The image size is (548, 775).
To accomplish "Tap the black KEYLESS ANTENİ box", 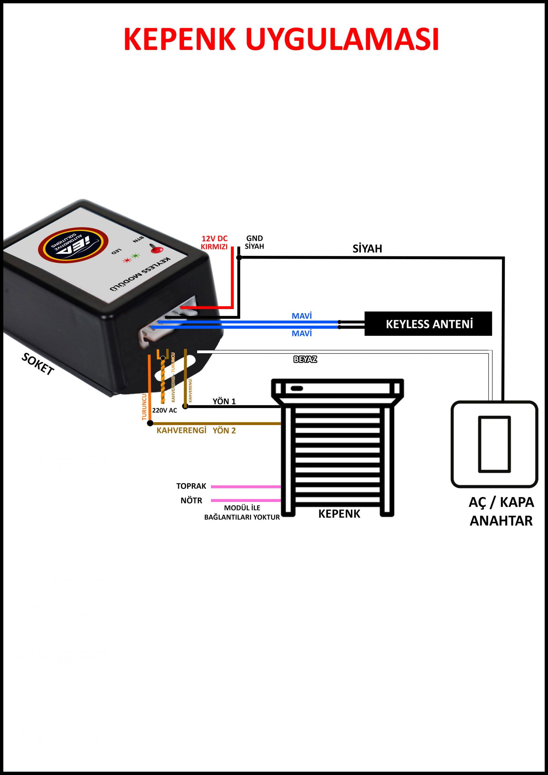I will point(428,324).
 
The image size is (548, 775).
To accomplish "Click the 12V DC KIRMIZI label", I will point(214,242).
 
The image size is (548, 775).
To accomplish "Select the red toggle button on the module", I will point(156,250).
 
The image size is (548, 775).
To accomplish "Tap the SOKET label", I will point(38,364).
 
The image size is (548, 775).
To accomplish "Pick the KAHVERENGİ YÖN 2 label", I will point(196,431).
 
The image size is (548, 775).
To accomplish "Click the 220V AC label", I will point(164,411).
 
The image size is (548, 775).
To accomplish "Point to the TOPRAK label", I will point(191,486).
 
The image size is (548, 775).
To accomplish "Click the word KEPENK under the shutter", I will point(339,514).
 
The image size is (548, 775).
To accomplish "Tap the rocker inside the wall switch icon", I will point(494,444).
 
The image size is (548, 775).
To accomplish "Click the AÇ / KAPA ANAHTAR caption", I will point(501,511).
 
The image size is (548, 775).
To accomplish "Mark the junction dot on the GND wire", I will point(239,258).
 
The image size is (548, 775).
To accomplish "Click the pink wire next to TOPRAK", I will point(246,487).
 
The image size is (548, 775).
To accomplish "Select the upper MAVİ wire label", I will point(302,316).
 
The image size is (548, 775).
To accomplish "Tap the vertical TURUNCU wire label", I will point(144,407).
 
